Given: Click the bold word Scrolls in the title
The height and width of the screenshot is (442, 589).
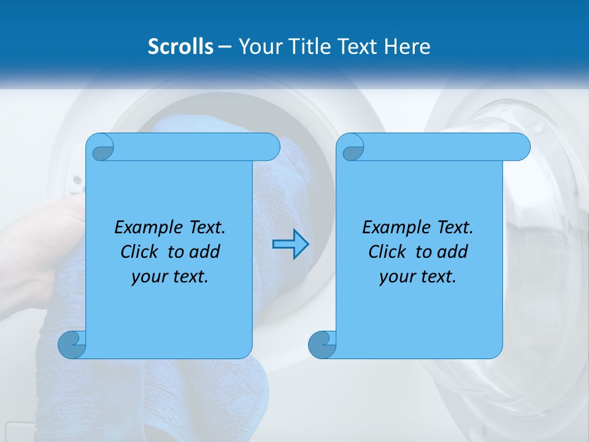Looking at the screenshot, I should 180,47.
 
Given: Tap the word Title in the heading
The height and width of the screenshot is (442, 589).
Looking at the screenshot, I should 307,47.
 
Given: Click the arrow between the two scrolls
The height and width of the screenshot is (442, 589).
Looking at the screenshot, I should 290,244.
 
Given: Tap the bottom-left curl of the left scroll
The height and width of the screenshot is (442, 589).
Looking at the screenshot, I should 72,345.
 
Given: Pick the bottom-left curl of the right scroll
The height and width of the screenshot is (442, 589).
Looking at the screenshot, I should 322,345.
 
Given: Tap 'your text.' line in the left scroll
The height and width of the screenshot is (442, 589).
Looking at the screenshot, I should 170,276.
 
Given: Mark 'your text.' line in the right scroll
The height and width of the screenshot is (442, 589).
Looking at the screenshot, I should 418,276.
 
